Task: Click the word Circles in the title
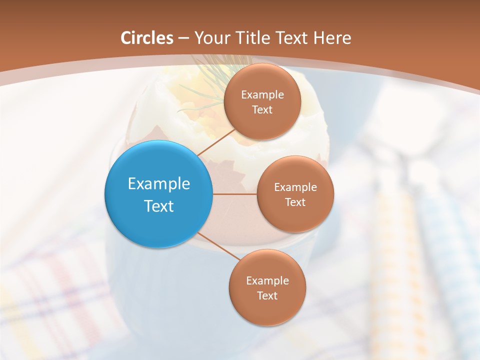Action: click(x=147, y=38)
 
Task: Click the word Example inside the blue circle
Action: click(x=159, y=183)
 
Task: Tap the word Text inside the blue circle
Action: click(x=159, y=206)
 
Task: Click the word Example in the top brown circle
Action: click(x=262, y=94)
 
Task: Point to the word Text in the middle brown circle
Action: click(x=295, y=202)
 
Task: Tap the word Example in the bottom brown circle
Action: click(x=267, y=280)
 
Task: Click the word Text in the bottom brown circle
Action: click(x=267, y=296)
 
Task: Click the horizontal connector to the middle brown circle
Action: click(x=234, y=194)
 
